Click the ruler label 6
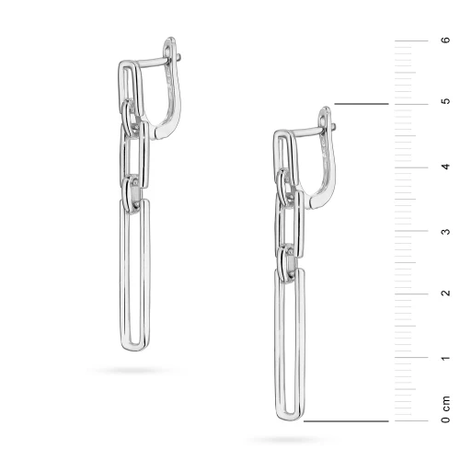pos(446,40)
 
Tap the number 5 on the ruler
pos(446,101)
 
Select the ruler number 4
pos(446,167)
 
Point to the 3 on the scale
pos(446,231)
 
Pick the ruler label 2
pos(446,293)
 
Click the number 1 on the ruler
pos(446,358)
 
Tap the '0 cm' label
pos(446,409)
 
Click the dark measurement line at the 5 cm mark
pos(362,104)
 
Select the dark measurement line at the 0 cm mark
pos(346,421)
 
